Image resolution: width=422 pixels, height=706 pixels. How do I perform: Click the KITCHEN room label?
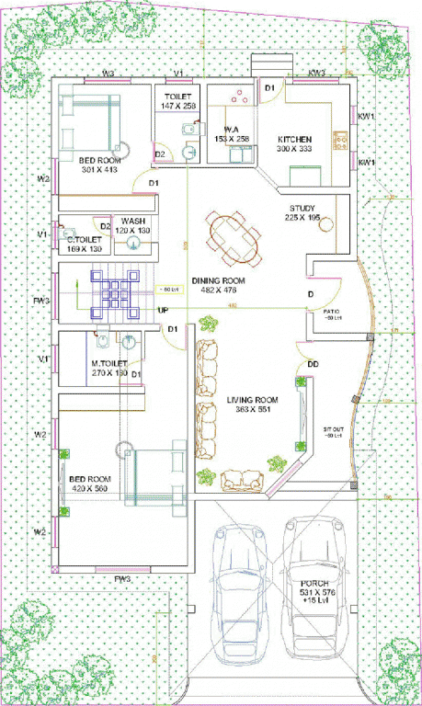[x=295, y=139]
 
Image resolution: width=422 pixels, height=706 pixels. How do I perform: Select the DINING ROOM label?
[x=218, y=280]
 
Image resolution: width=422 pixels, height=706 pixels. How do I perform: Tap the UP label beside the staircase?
[x=163, y=311]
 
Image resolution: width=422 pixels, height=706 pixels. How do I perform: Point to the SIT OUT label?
[x=333, y=429]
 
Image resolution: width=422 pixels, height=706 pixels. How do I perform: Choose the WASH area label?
[x=132, y=222]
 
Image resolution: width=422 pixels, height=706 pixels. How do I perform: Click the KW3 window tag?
[x=316, y=73]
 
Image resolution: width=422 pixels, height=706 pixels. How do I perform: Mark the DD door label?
[x=314, y=364]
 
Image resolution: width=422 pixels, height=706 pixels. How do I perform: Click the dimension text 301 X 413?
[x=99, y=169]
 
